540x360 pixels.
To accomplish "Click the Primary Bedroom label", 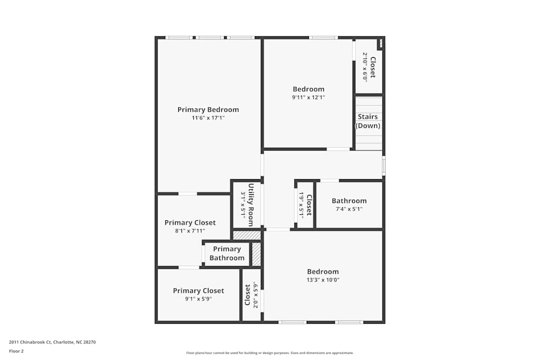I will (208, 110).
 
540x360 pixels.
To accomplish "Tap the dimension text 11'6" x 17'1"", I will (208, 118).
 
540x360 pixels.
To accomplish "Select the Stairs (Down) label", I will (368, 121).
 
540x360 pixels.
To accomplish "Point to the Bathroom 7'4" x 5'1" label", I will (349, 201).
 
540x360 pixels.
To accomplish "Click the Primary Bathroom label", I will (227, 254).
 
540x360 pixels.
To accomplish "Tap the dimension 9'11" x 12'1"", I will (308, 98).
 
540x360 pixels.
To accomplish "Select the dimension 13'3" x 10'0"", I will (323, 280).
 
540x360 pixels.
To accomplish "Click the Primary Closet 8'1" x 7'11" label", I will (190, 223).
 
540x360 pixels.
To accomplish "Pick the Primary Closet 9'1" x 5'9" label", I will (198, 291).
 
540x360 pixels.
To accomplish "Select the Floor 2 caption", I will (16, 351).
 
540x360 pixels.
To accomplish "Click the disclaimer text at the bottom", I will (269, 353).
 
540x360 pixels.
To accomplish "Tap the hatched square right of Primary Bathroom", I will (256, 254).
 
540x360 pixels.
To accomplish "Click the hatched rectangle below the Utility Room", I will (247, 235).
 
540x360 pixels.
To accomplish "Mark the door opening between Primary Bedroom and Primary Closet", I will (187, 193).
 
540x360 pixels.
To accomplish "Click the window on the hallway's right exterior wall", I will (383, 165).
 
